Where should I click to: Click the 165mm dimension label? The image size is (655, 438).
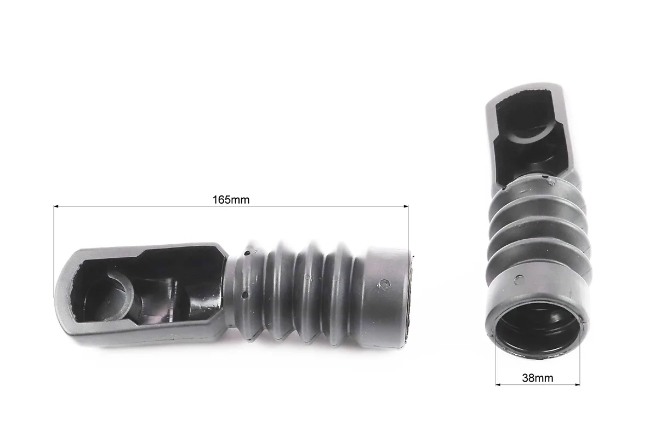click(x=231, y=200)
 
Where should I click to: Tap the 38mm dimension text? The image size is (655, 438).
click(x=538, y=378)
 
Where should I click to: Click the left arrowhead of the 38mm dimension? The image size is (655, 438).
click(x=498, y=384)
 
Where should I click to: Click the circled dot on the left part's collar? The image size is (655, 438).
click(x=384, y=285)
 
